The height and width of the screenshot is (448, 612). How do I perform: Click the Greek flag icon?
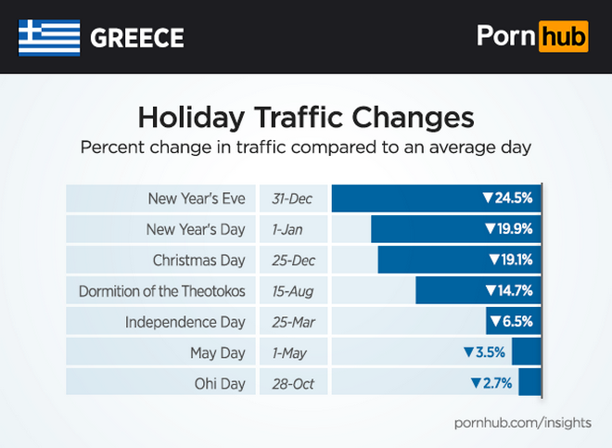click(x=47, y=37)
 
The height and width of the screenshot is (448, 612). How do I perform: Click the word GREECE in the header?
click(x=136, y=38)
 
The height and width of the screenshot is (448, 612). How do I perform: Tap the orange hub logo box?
click(x=564, y=36)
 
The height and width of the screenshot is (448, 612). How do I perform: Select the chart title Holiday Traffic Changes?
click(x=306, y=119)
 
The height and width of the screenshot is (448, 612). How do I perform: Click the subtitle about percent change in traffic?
click(x=306, y=147)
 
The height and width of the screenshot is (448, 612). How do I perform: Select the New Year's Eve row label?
click(x=197, y=198)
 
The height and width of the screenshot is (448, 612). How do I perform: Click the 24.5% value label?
click(x=506, y=198)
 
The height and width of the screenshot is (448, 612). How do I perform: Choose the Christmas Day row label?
click(x=199, y=260)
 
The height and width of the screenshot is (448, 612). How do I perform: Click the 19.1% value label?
click(x=509, y=260)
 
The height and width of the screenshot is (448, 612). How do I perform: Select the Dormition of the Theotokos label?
click(x=162, y=290)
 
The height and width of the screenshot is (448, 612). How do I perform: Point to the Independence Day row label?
click(x=185, y=321)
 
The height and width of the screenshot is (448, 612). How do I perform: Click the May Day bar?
click(x=526, y=352)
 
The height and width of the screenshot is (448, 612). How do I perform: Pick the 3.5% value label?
click(x=484, y=352)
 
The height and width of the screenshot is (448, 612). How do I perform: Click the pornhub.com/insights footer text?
click(x=523, y=423)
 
